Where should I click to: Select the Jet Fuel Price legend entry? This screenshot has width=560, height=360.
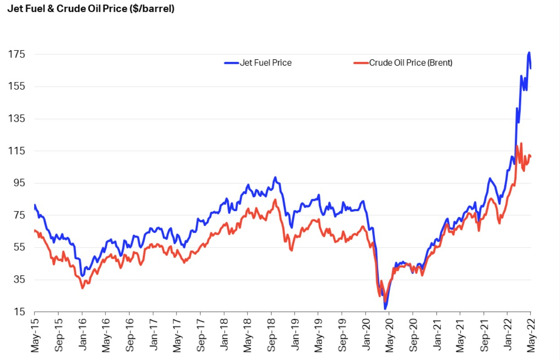pos(265,63)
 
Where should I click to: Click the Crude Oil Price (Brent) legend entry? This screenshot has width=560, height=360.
pos(410,63)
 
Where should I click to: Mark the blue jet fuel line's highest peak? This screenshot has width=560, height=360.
pos(529,53)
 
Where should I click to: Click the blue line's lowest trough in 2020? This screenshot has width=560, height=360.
pos(385,308)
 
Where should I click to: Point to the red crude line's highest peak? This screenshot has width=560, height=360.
pos(521,144)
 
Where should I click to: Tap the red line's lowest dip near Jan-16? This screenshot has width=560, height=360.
pos(83,288)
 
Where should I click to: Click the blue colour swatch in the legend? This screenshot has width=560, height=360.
pos(231,63)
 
